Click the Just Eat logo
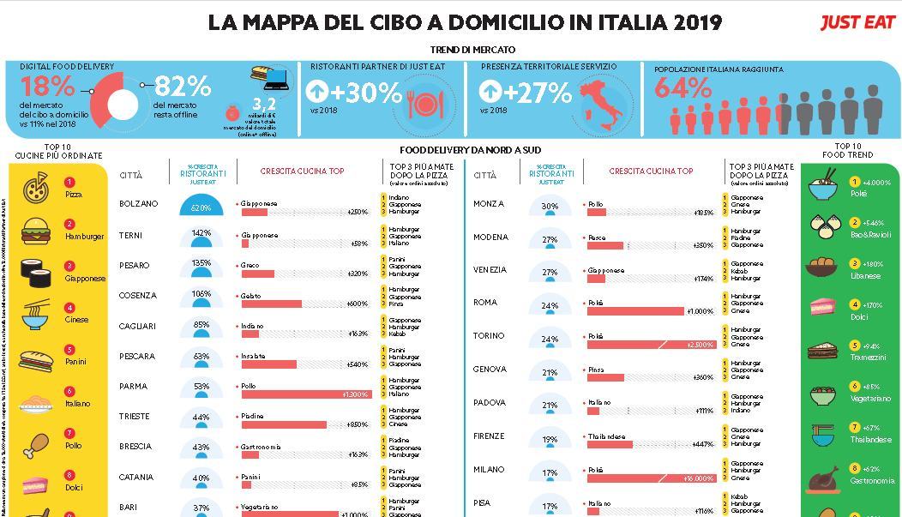coord(857,22)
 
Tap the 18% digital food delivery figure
coord(48,87)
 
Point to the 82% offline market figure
coord(183,87)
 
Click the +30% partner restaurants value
coord(354,92)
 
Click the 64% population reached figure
coord(683,87)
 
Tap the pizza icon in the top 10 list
coord(35,187)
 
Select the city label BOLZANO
coord(139,204)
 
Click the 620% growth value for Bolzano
coord(201,208)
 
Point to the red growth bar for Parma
coord(306,394)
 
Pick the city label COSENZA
coord(138,296)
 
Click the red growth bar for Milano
coord(652,478)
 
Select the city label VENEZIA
coord(490,270)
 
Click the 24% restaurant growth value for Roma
coord(550,306)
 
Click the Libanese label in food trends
coord(865,276)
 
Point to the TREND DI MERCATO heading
coord(472,50)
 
